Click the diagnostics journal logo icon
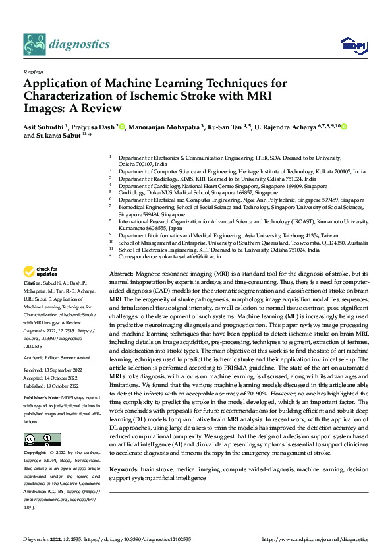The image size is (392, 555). click(x=34, y=44)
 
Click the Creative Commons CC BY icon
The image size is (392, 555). click(x=42, y=421)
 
